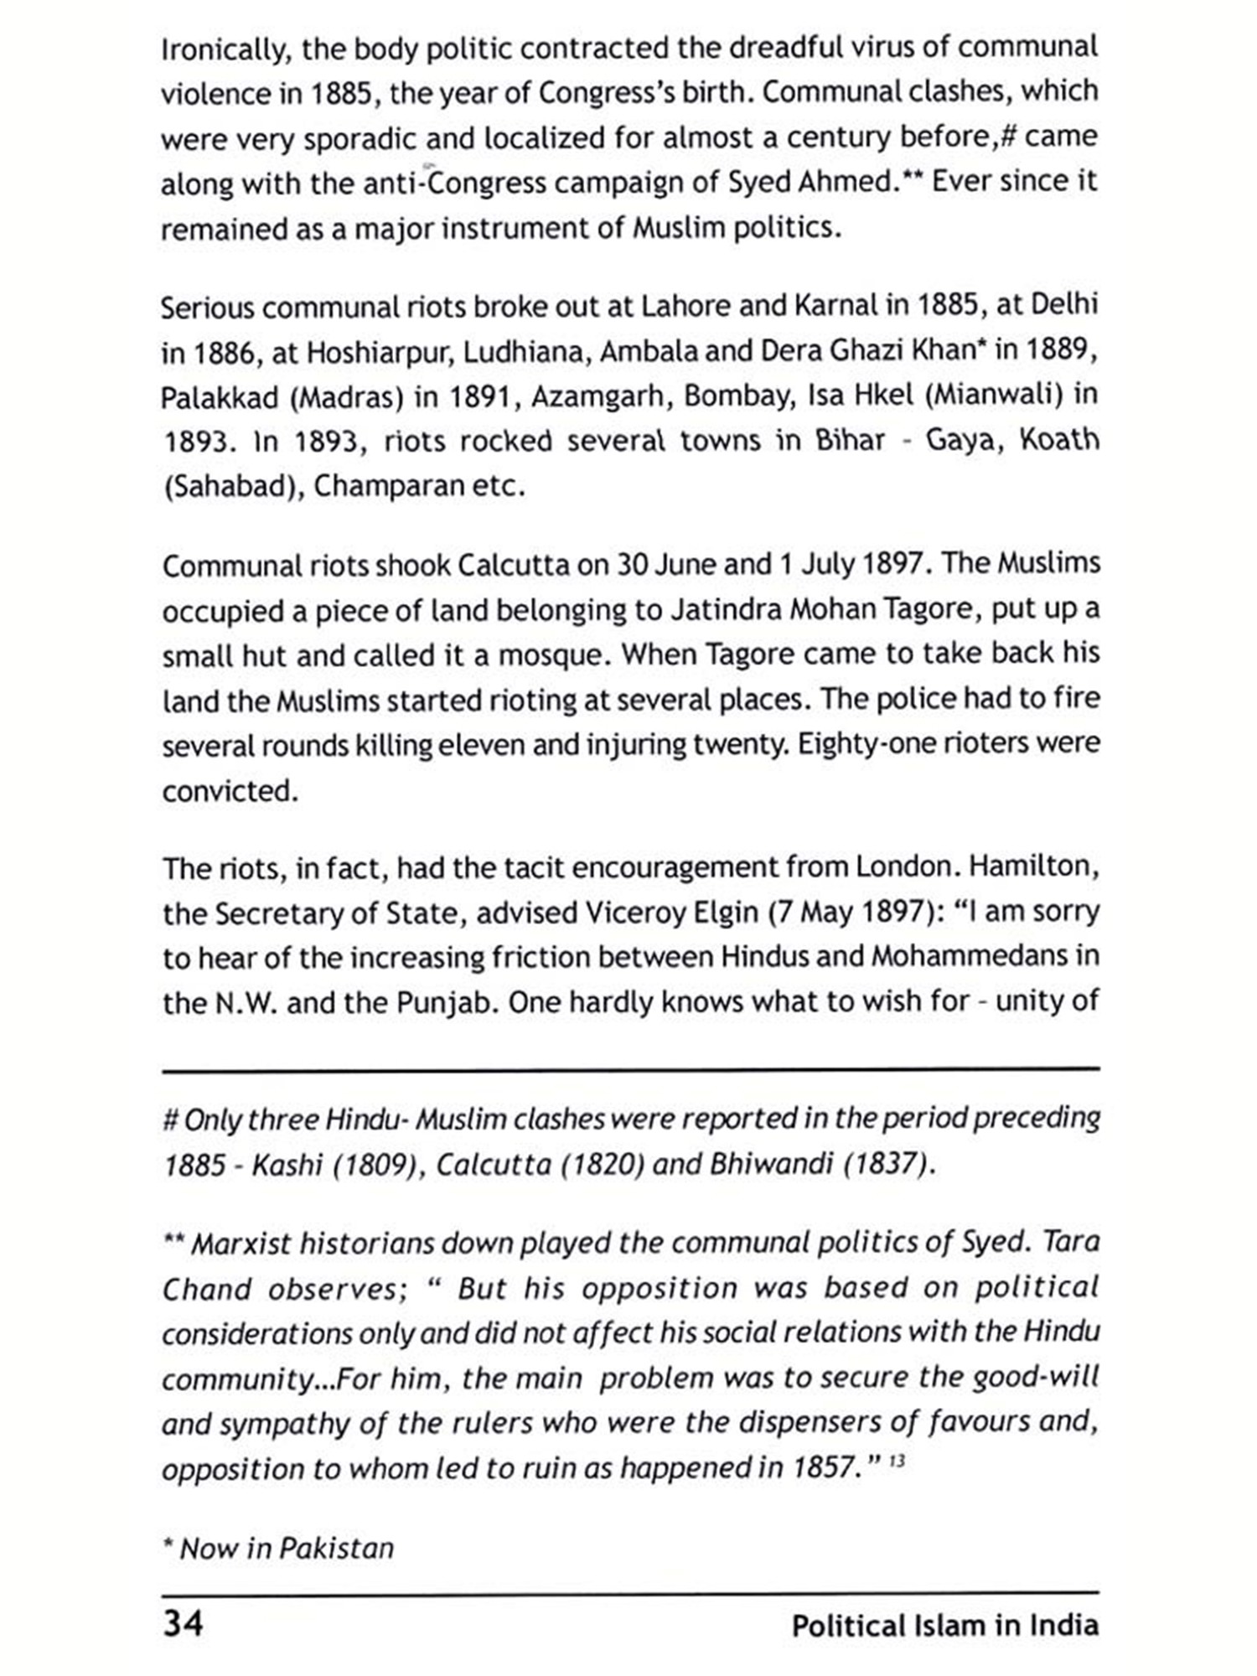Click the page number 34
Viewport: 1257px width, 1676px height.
pos(183,1623)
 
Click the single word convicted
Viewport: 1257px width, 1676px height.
pos(230,790)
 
